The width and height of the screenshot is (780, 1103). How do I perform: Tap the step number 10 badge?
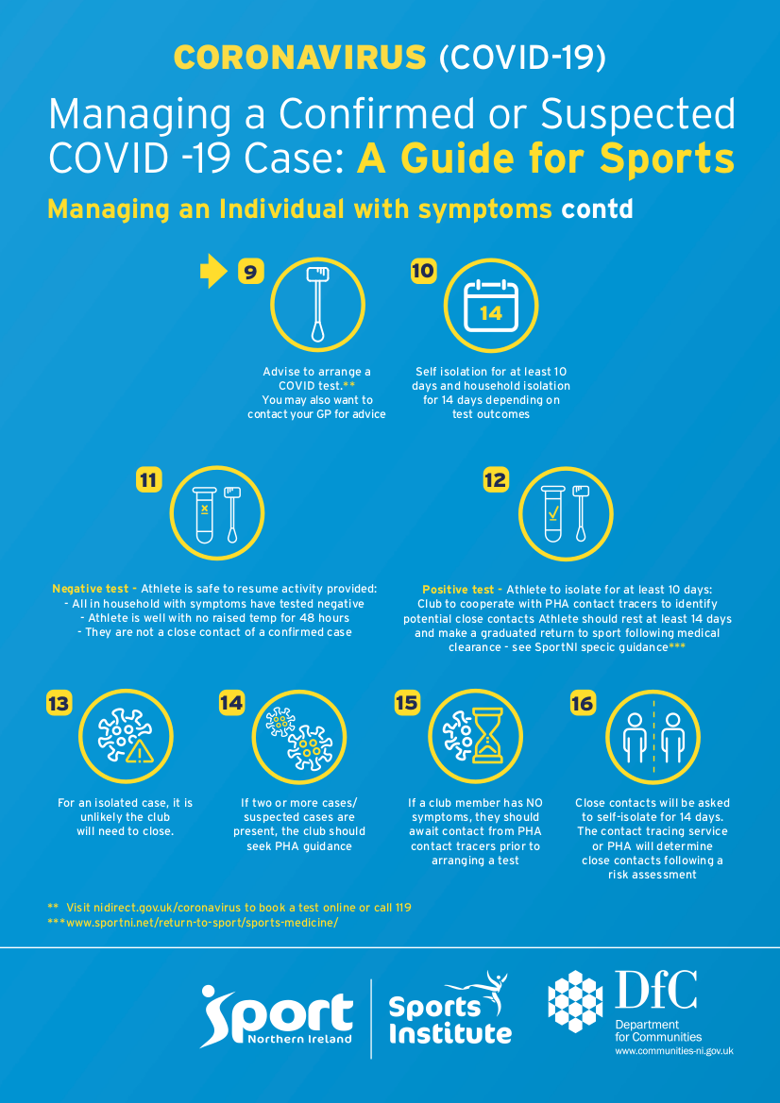(423, 272)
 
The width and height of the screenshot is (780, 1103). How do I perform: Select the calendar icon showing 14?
(491, 307)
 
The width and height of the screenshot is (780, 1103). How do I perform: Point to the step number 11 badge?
(148, 480)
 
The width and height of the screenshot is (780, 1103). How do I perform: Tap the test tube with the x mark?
(204, 514)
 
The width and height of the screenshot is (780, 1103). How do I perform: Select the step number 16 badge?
(583, 703)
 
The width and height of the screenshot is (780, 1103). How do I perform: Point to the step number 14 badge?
(231, 703)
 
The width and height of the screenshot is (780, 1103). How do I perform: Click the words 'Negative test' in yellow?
(90, 589)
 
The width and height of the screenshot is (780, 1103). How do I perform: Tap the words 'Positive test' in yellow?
(459, 589)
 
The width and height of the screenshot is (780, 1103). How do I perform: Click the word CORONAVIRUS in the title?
(300, 58)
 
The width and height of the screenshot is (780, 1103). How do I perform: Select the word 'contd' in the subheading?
(597, 209)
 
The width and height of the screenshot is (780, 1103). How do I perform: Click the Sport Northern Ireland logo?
(277, 1015)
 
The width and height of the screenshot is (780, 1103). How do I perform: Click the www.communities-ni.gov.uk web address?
(674, 1051)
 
